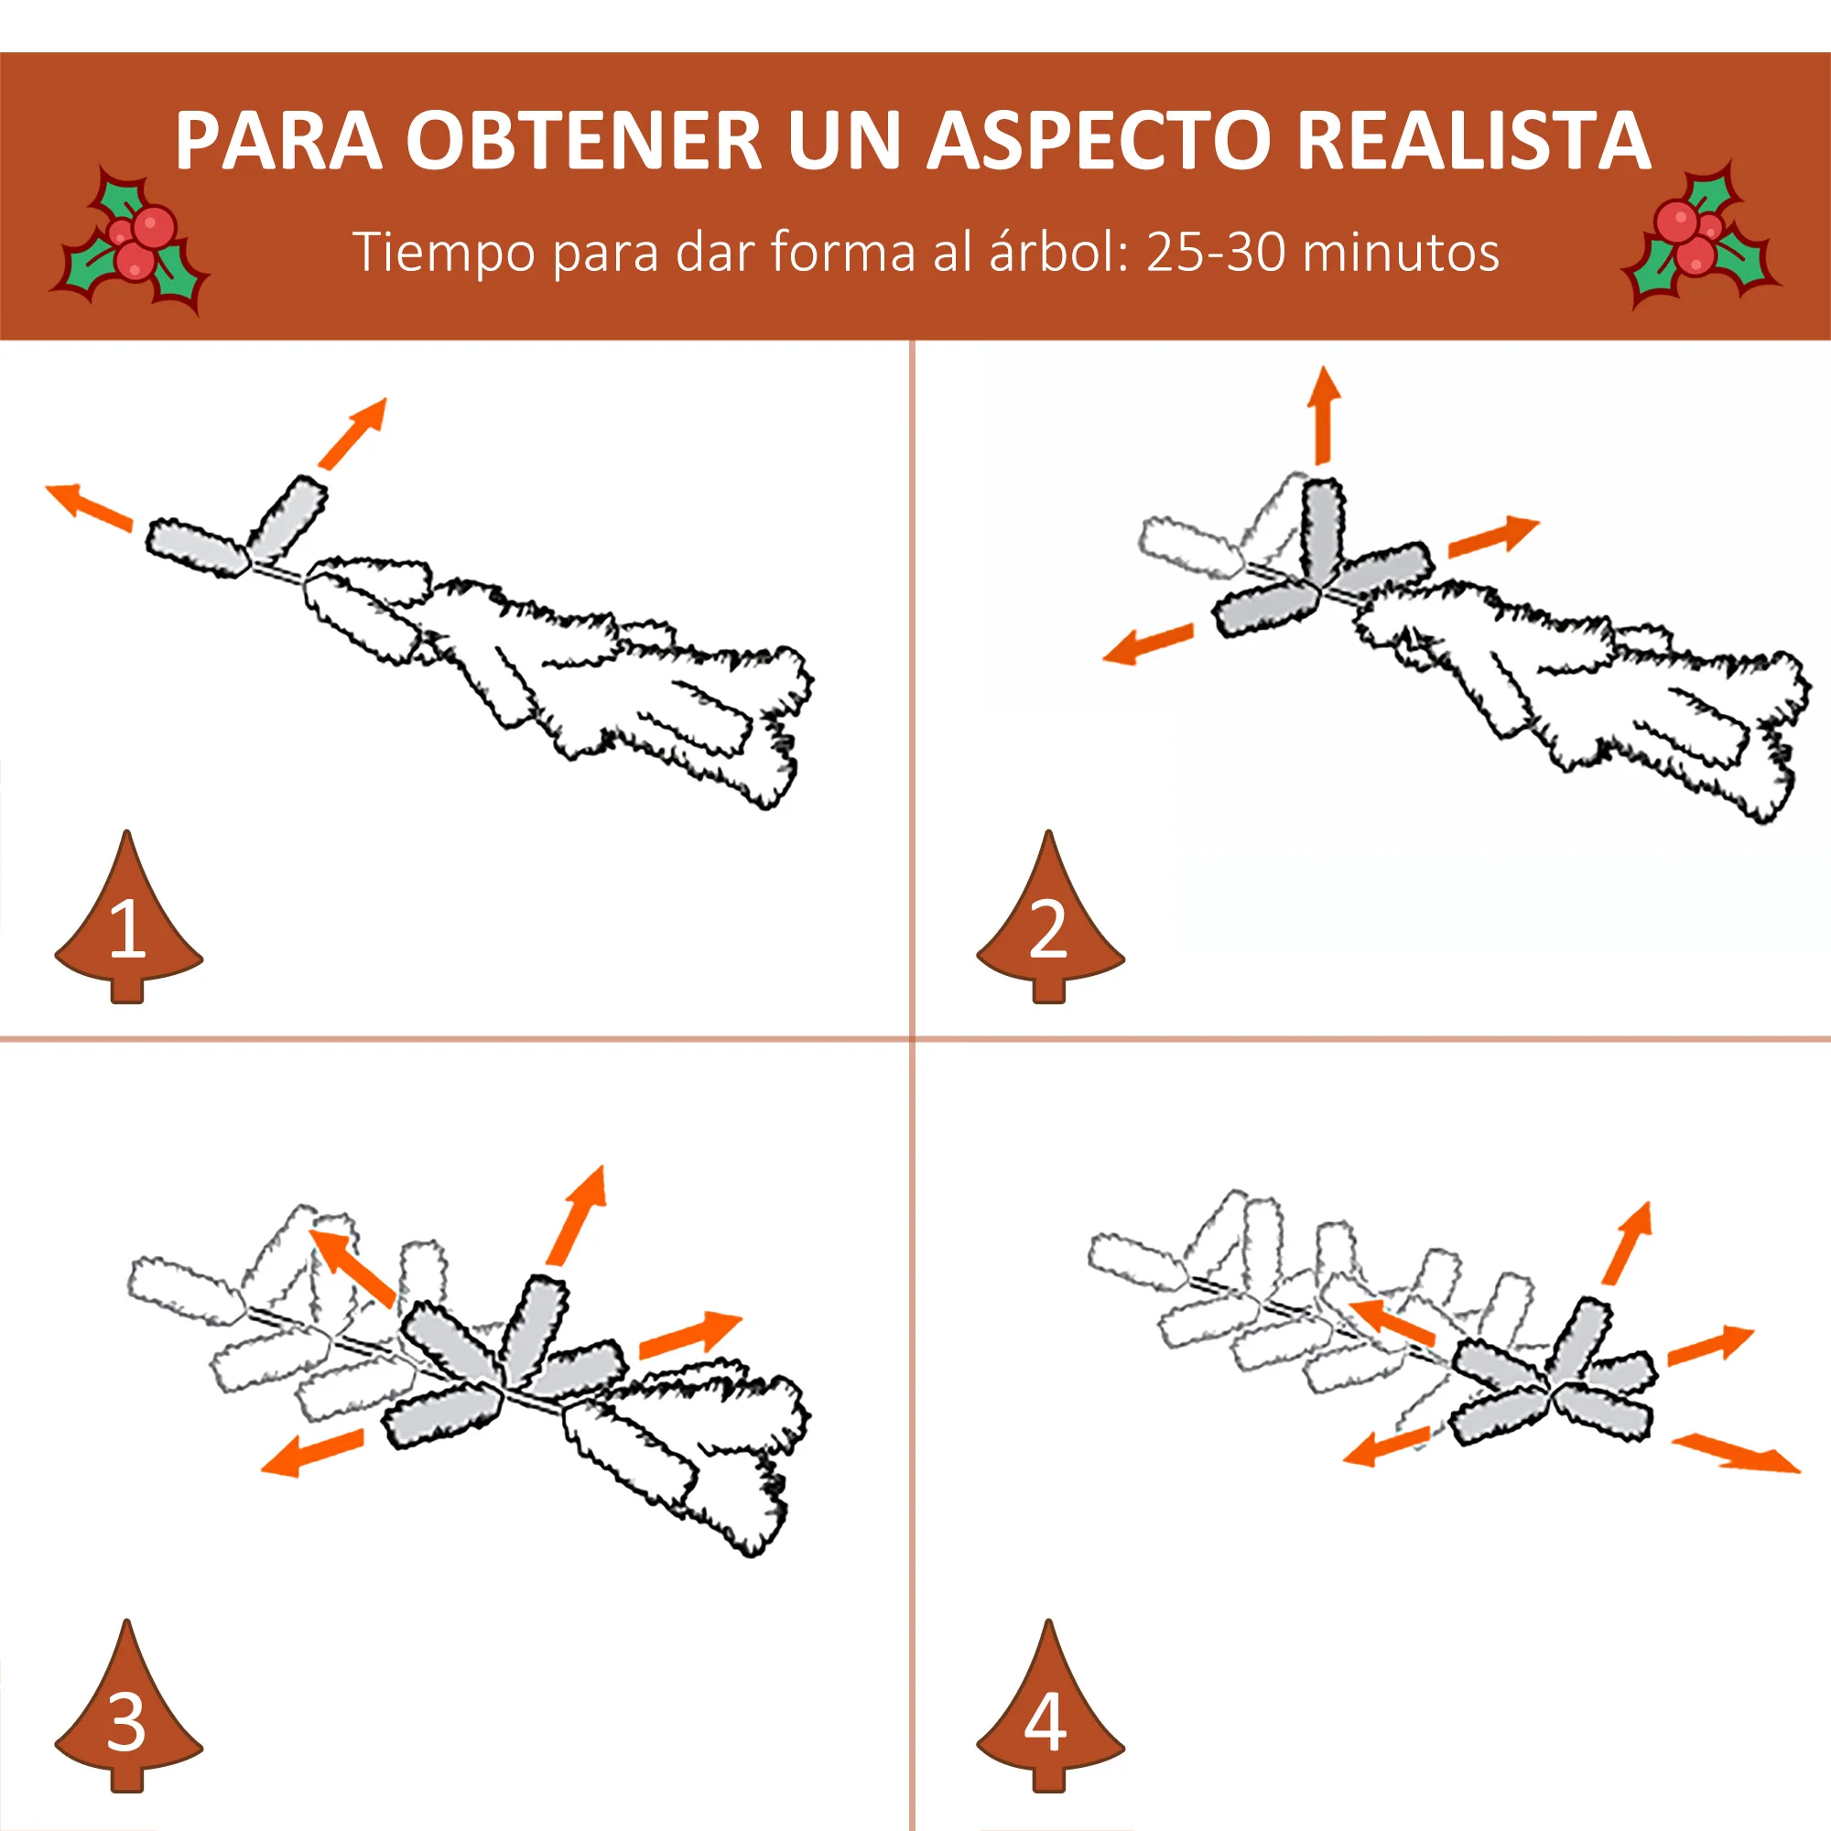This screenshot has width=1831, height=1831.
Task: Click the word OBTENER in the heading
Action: (x=584, y=142)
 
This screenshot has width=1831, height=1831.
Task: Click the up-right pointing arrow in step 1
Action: (x=353, y=433)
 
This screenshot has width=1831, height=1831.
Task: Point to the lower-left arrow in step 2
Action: (x=1149, y=644)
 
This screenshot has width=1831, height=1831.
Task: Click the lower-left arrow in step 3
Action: (x=313, y=1453)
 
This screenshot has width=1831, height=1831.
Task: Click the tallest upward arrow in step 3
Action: (x=577, y=1217)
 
